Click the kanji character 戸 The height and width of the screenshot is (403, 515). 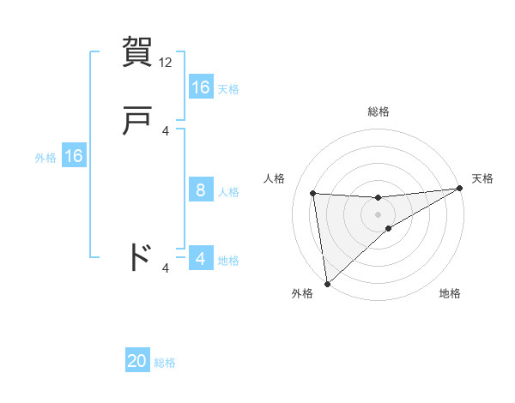pos(137,121)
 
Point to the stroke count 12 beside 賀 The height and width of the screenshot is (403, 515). pos(167,63)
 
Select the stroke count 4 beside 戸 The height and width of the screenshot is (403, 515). pos(166,131)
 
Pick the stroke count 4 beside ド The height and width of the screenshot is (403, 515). pos(166,268)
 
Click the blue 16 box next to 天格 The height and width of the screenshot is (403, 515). pos(201,87)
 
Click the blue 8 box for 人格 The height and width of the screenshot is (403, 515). pos(201,191)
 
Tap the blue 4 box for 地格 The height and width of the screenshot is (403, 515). pos(201,259)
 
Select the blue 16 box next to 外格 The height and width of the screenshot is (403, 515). pos(74,156)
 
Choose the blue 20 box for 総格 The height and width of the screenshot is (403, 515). pos(137,361)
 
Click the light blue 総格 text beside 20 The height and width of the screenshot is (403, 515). pos(165,363)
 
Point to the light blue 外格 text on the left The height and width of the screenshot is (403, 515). pos(45,158)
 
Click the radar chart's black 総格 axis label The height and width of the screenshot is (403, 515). pos(379,111)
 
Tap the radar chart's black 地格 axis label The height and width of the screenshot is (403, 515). pos(450,294)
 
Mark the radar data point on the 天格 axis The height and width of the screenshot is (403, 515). pos(459,189)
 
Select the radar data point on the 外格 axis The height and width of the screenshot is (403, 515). pos(326,284)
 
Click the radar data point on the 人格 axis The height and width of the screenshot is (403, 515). pos(313,193)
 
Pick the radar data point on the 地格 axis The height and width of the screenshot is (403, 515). pos(389,228)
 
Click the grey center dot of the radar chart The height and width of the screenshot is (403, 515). pos(379,214)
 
